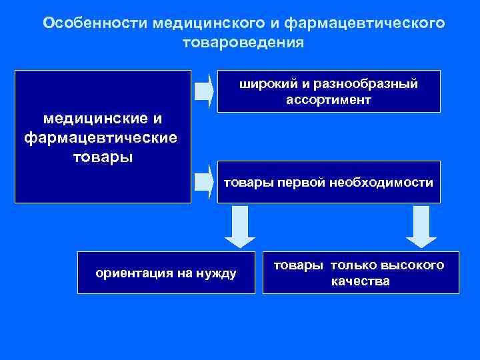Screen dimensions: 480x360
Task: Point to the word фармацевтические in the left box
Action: coord(101,138)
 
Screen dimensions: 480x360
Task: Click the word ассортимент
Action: coord(329,100)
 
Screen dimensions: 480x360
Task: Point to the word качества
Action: coord(360,281)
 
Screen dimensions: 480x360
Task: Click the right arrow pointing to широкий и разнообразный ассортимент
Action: coord(203,91)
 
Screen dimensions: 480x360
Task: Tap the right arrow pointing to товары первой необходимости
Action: coord(203,181)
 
